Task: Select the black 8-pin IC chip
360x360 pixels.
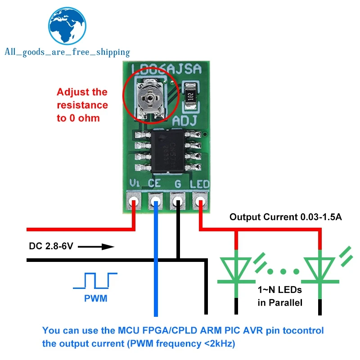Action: coord(168,151)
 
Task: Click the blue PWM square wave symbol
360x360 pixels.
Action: coord(95,280)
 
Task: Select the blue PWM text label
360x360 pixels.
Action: coord(95,298)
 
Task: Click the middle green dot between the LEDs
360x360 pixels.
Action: coord(283,271)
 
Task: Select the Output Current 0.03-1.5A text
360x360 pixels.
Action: coord(286,217)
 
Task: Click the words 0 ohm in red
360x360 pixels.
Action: coord(88,118)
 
